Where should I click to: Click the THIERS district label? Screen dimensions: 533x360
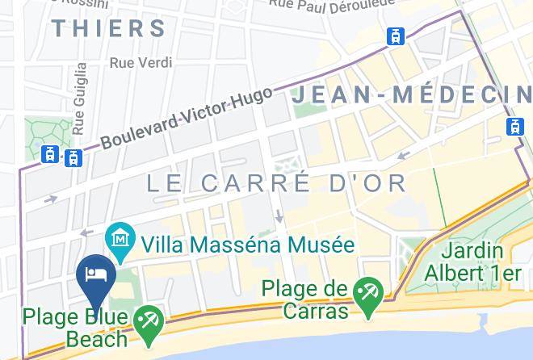click(x=109, y=28)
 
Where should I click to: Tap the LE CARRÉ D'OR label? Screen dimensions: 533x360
click(x=277, y=183)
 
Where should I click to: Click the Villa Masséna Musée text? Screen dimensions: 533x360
click(x=247, y=244)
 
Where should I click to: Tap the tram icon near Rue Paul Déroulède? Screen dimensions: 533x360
click(x=396, y=36)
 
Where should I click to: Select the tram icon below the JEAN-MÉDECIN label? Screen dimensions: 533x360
click(x=514, y=127)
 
